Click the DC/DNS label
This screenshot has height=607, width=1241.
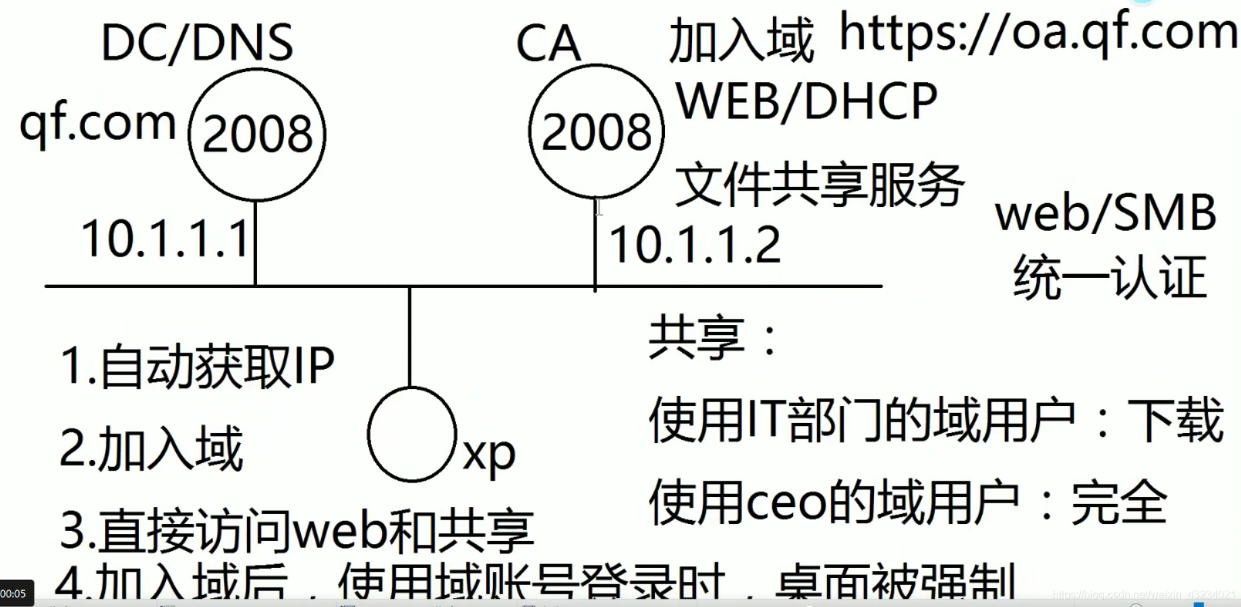click(197, 43)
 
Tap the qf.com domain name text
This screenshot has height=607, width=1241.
click(98, 123)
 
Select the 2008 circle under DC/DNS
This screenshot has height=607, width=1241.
click(257, 134)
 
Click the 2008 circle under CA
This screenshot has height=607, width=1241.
click(596, 132)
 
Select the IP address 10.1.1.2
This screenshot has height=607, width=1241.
click(695, 244)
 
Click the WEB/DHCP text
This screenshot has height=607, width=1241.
click(807, 102)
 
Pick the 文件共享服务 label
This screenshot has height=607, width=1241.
click(819, 184)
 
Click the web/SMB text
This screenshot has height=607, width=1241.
click(1105, 213)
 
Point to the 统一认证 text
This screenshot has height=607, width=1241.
click(1109, 277)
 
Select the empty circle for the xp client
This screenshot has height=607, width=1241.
click(411, 434)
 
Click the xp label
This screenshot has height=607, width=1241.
click(489, 454)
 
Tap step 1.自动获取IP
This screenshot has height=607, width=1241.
click(197, 366)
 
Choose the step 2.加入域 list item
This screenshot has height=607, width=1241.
click(151, 449)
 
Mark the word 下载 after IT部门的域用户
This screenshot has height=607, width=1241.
click(1176, 420)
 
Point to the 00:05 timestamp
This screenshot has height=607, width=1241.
click(13, 594)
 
